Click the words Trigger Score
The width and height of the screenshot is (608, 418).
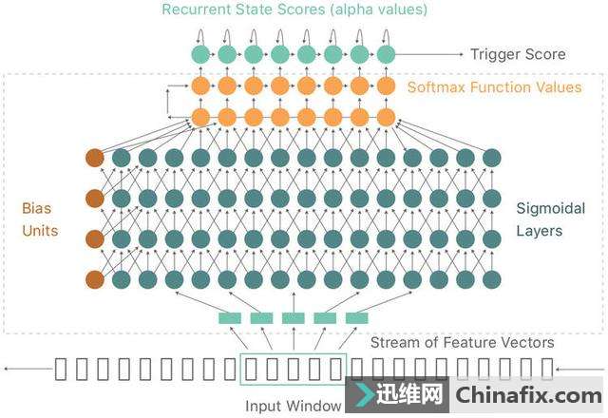[518, 54]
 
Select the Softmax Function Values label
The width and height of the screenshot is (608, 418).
[494, 87]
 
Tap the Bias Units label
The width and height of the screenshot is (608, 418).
[41, 218]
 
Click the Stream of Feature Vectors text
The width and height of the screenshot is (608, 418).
[462, 342]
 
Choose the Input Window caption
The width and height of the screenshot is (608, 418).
[294, 406]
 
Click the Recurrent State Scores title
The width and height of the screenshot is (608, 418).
[294, 10]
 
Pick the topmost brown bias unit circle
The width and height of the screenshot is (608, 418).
[94, 158]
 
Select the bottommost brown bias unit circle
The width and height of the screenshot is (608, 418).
[94, 279]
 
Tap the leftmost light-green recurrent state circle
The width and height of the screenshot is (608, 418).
[199, 54]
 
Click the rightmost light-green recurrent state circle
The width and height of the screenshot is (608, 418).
[385, 54]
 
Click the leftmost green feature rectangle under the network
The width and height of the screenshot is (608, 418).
[231, 318]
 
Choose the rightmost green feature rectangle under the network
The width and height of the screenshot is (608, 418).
[356, 318]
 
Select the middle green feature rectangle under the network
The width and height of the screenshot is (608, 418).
[294, 318]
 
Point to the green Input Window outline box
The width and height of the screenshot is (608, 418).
[294, 370]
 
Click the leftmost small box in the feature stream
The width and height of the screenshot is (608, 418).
[61, 370]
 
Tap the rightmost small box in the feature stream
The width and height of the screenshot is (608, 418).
[546, 370]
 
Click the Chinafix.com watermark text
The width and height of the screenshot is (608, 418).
[528, 395]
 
